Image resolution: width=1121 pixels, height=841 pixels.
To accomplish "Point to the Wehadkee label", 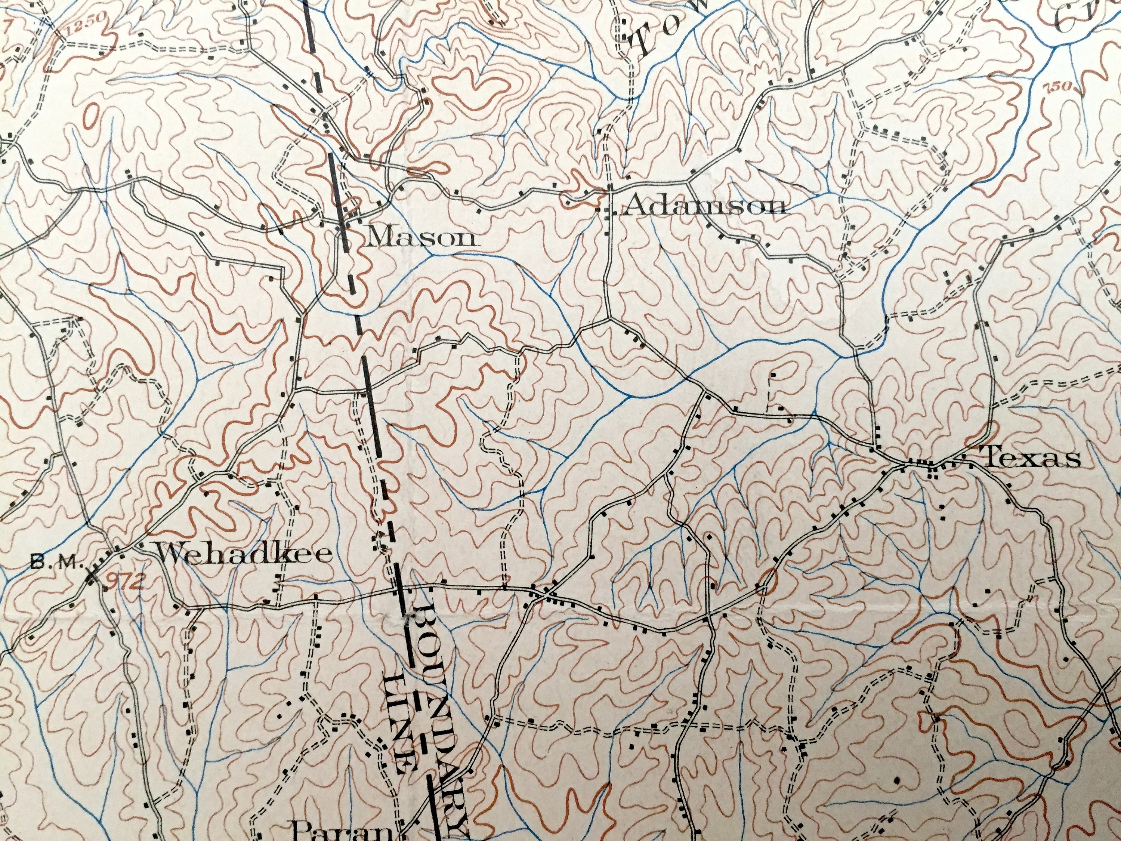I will click(245, 554).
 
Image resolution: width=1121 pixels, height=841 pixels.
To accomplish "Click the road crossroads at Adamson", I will click(609, 192).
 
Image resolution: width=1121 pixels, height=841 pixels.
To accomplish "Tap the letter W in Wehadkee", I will click(171, 554).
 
